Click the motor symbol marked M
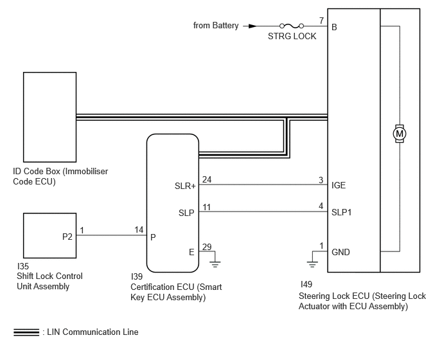[x=400, y=134]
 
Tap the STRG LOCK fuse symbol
[x=292, y=26]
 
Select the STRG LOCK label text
[x=292, y=37]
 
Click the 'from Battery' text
[x=216, y=25]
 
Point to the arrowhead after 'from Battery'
[x=252, y=26]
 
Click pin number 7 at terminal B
[x=321, y=21]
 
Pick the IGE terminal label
[x=339, y=185]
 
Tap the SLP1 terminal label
[x=342, y=212]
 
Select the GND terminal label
[x=340, y=252]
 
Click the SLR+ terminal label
[x=185, y=186]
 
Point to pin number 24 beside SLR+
[x=207, y=179]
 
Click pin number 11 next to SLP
[x=207, y=207]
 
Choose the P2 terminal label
[x=67, y=237]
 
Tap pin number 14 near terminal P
[x=139, y=230]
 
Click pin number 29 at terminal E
[x=207, y=247]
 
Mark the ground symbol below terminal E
[x=215, y=265]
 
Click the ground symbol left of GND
[x=312, y=265]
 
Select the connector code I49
[x=306, y=284]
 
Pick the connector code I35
[x=23, y=266]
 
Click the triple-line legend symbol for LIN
[x=26, y=332]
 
